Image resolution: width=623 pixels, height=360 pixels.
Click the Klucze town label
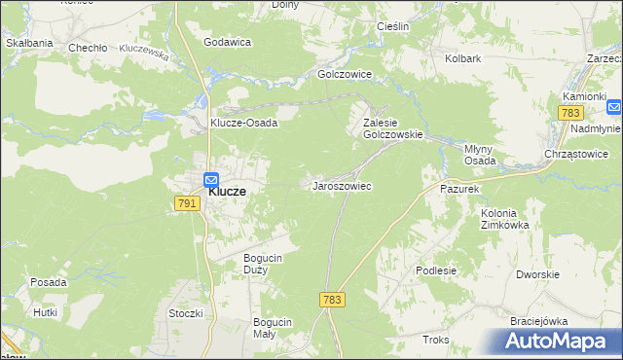coord(227,192)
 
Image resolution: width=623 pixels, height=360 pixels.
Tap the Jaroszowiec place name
coord(342,185)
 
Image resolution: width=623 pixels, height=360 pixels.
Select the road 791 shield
coord(188,202)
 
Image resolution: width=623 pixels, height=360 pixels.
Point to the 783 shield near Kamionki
coord(571,114)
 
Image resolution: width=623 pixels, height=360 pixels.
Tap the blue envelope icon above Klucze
coord(211,179)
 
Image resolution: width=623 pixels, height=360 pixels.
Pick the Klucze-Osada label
coord(244,124)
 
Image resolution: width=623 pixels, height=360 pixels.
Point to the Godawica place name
coord(228,42)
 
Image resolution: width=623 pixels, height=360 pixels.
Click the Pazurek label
coord(460,188)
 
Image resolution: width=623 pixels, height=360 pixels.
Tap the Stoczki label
coord(185,313)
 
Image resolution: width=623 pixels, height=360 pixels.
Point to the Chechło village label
coord(86,47)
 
